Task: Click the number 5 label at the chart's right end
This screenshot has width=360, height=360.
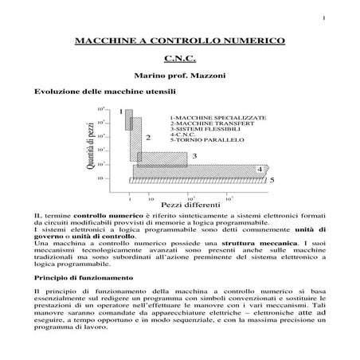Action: (x=272, y=181)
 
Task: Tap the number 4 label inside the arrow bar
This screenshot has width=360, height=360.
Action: (x=260, y=170)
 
